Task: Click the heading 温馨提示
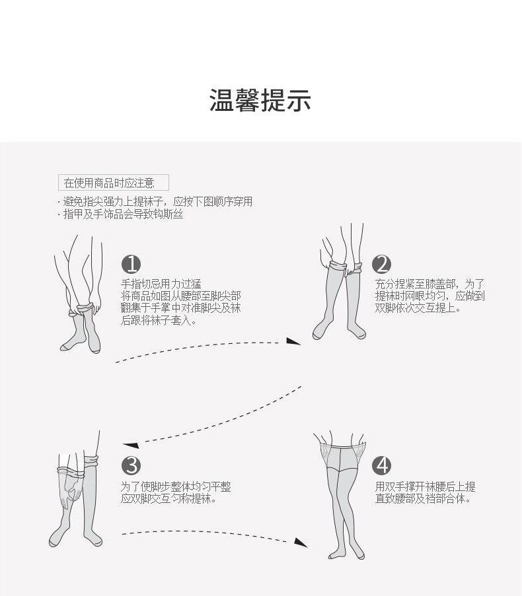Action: (260, 100)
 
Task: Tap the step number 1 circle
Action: (131, 265)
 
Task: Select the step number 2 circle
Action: (382, 265)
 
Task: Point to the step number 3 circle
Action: (131, 465)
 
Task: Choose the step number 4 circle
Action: (382, 465)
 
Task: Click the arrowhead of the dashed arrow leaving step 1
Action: (293, 341)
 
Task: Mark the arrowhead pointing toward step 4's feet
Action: (300, 542)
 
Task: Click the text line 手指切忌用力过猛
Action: (161, 284)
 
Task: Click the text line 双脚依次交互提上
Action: (418, 308)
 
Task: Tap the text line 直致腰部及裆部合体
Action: (423, 499)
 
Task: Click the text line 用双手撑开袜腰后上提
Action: (425, 487)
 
